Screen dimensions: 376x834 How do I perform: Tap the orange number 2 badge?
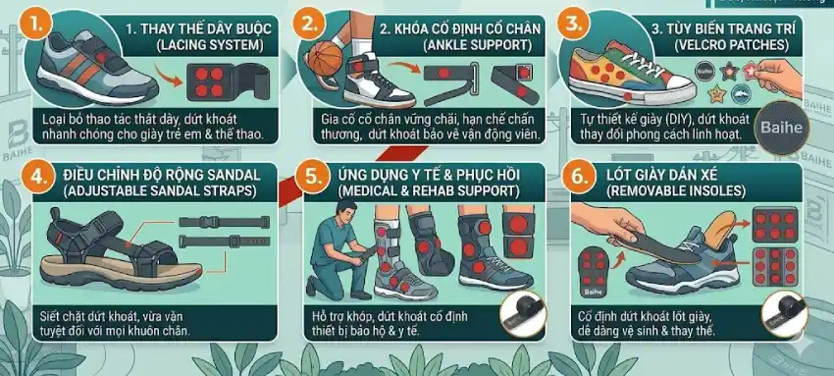click(312, 21)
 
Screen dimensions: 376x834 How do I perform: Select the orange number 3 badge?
click(575, 21)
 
